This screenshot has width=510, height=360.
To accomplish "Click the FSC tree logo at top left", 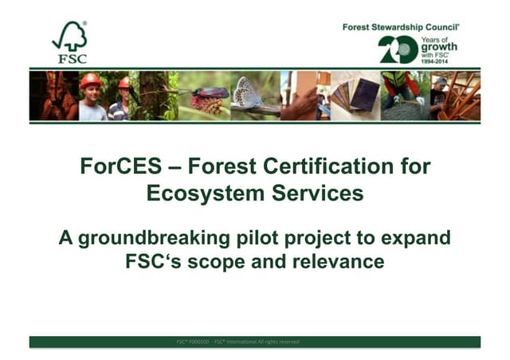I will click(69, 41).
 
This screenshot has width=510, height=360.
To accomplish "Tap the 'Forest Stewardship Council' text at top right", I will click(406, 27).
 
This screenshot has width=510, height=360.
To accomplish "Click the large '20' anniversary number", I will click(398, 49).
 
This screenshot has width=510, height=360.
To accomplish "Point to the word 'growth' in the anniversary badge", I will click(439, 47).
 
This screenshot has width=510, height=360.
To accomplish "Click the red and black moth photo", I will click(209, 93).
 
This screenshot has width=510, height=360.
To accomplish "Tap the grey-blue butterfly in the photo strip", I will click(248, 92).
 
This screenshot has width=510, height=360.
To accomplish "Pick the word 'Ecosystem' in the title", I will click(200, 193).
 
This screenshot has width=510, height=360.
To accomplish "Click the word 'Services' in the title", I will click(312, 193).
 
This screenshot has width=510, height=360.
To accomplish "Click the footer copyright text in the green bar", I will click(238, 342).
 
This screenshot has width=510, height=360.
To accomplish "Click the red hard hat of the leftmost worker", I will click(91, 80).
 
